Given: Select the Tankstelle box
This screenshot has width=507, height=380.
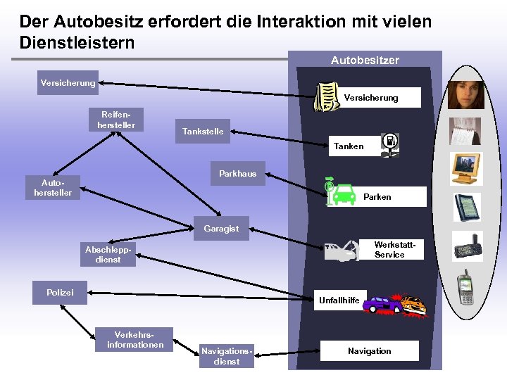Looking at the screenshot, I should coord(203,132).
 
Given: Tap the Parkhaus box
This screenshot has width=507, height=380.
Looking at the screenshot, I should coord(237,174).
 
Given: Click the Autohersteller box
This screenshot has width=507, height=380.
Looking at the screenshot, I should coord(53,187).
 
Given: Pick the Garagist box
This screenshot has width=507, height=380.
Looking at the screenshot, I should coord(221,229).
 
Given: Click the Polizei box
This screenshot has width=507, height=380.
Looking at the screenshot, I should coord(60,292).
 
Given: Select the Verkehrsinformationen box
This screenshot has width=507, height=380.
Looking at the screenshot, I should coord(135,339).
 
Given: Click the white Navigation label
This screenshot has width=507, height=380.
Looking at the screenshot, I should coord(369,350).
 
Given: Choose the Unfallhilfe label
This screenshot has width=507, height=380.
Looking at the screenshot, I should coord(339,300).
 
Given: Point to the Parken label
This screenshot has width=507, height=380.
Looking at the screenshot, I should coord(377,197).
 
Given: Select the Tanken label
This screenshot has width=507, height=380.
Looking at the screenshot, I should coord(349,146).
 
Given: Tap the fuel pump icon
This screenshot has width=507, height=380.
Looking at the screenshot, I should coord(389,142).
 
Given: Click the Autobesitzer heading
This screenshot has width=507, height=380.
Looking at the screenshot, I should coord(365,61).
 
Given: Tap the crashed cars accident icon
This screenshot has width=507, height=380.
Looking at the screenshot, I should coord(394,303).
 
